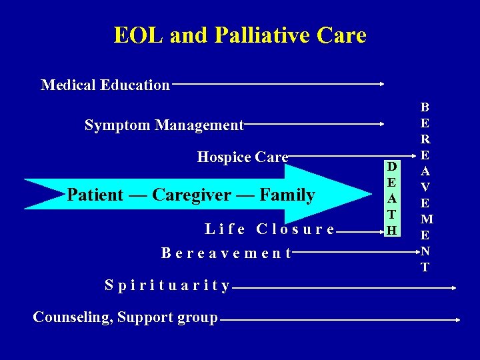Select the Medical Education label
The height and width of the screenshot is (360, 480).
pyautogui.click(x=105, y=85)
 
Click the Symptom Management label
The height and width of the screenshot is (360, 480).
pyautogui.click(x=164, y=125)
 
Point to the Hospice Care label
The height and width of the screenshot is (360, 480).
pyautogui.click(x=243, y=157)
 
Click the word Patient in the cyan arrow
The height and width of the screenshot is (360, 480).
pyautogui.click(x=95, y=195)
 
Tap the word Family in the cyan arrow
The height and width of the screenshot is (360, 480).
pyautogui.click(x=287, y=195)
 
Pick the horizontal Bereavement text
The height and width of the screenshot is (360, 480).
pyautogui.click(x=227, y=253)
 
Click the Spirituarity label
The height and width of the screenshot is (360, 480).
pyautogui.click(x=167, y=286)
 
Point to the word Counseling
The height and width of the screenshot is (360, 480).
pyautogui.click(x=72, y=317)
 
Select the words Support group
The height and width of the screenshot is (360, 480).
pyautogui.click(x=167, y=317)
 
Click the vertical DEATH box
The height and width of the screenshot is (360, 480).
pyautogui.click(x=392, y=198)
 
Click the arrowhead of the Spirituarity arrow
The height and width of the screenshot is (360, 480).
pyautogui.click(x=453, y=288)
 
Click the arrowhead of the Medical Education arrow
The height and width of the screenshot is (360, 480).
pyautogui.click(x=382, y=84)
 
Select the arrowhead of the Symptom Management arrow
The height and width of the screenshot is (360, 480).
pyautogui.click(x=382, y=124)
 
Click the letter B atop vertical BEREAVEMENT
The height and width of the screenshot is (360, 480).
pyautogui.click(x=425, y=107)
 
